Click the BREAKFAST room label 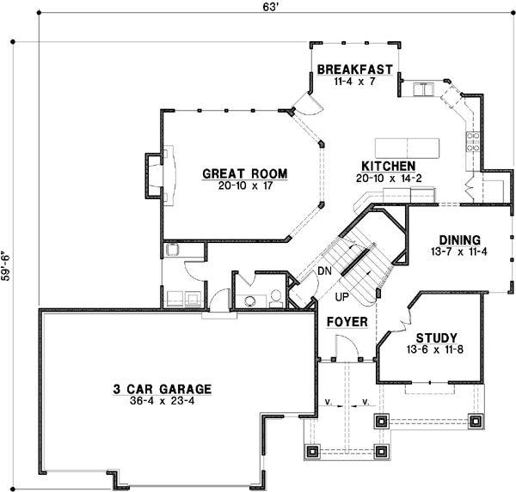click(354, 70)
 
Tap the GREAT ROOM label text click(244, 173)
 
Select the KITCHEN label click(389, 166)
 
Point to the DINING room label click(458, 240)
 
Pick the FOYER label click(347, 322)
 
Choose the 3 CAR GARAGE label click(162, 387)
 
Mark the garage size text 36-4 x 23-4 click(162, 400)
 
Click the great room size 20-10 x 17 click(244, 186)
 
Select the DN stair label click(324, 272)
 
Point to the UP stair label click(341, 297)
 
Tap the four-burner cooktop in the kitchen click(472, 143)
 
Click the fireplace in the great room click(155, 176)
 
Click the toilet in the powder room click(275, 298)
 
